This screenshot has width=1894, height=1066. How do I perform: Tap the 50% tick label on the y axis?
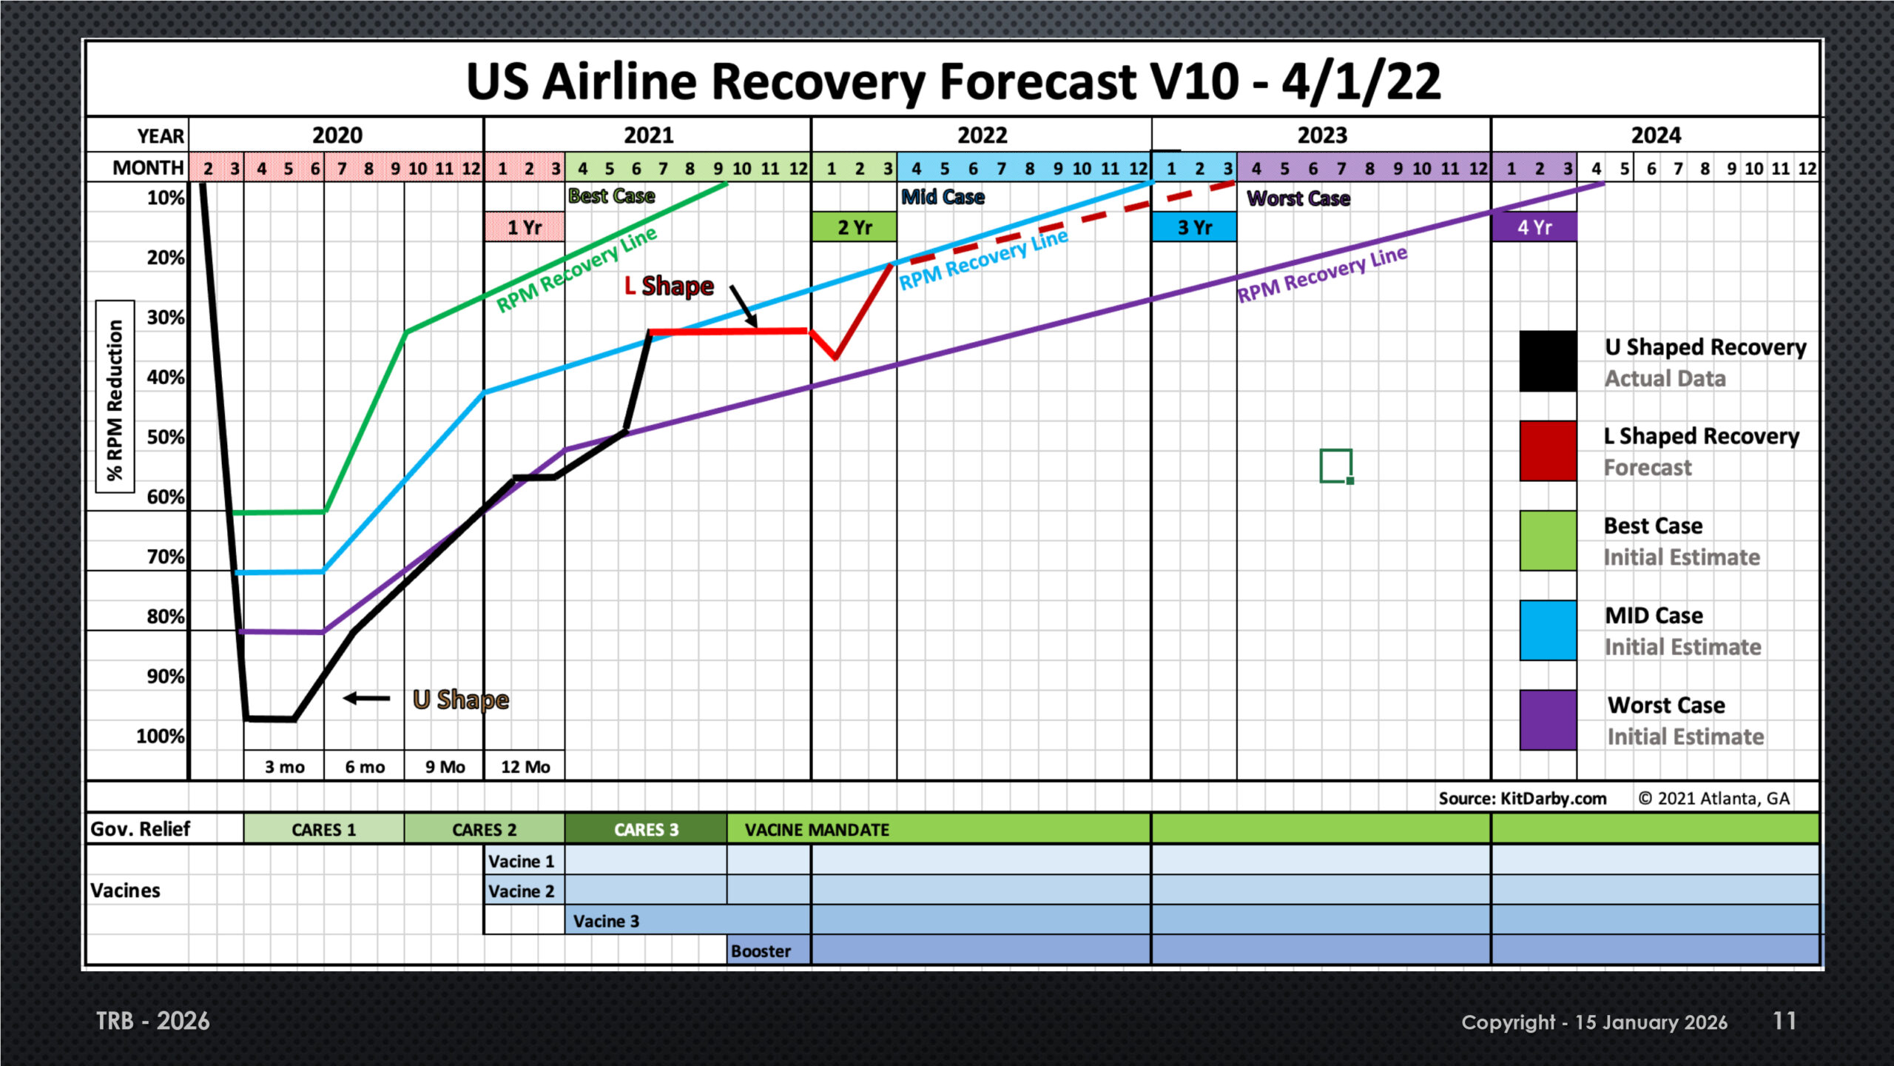click(166, 437)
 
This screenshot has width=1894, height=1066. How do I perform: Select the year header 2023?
click(1322, 135)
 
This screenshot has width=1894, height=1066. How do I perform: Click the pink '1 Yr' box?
click(525, 227)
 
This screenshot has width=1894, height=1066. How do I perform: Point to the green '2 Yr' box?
click(855, 227)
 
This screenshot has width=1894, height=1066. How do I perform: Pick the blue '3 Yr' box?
click(1194, 227)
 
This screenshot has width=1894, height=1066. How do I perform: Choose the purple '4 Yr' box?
click(1534, 227)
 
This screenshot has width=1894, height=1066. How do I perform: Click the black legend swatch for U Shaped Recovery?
click(1548, 361)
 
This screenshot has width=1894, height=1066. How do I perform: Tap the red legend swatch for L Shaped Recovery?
click(1548, 451)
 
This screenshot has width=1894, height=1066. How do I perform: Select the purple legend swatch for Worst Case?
click(1548, 720)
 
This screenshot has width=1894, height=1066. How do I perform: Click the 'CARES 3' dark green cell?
click(646, 829)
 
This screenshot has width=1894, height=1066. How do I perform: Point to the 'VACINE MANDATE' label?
click(817, 830)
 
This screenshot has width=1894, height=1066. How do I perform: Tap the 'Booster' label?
click(761, 951)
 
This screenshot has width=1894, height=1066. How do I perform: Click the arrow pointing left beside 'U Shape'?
click(367, 698)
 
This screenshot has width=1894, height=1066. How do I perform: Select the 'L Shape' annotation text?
click(669, 286)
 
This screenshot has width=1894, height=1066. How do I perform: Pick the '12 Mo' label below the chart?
click(525, 767)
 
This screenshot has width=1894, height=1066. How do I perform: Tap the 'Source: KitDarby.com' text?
click(1523, 798)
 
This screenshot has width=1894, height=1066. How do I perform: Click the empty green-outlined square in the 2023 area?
click(1336, 466)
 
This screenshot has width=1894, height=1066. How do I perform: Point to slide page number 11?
click(1785, 1021)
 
